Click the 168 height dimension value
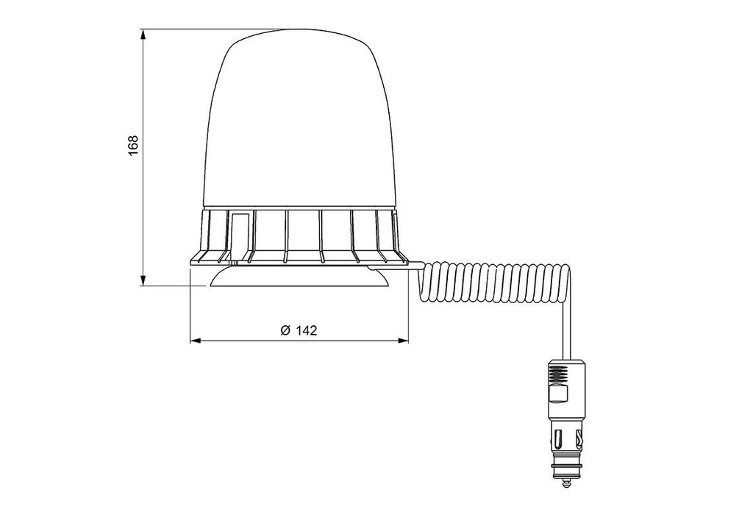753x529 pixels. (x=133, y=145)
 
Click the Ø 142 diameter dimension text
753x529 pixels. (x=299, y=330)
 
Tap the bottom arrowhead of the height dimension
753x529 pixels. (x=143, y=280)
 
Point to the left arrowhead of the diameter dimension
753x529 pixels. (x=196, y=341)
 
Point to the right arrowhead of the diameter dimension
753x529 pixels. (x=403, y=341)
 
